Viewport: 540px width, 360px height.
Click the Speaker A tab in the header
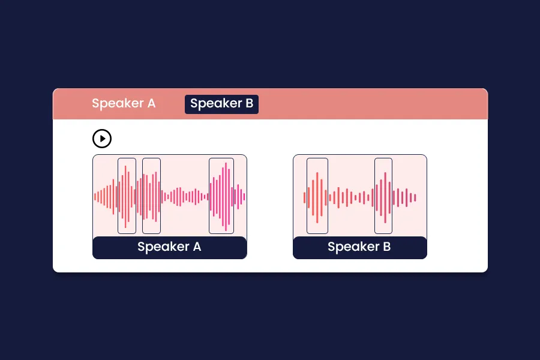tap(124, 103)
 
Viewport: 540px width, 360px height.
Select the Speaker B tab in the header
tap(221, 103)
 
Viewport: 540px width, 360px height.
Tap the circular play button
tap(102, 139)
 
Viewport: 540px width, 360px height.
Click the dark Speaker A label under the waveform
tap(169, 247)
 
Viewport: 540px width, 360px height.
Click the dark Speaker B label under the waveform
tap(359, 247)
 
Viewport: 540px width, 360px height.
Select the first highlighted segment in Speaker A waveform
tap(127, 196)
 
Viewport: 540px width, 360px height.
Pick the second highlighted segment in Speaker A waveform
tap(151, 196)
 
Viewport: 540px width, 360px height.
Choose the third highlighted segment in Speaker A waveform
tap(221, 196)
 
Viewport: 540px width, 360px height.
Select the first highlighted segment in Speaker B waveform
tap(317, 196)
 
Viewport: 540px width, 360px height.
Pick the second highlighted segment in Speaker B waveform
tap(383, 196)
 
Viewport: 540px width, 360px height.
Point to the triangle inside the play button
tap(103, 139)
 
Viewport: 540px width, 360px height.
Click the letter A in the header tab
tap(151, 103)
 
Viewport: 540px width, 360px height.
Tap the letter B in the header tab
tap(249, 103)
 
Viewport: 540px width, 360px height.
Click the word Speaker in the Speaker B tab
tap(215, 103)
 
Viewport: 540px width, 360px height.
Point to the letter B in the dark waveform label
tap(386, 247)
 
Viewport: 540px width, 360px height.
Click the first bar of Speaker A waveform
tap(95, 197)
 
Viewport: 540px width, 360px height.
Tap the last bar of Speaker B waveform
tap(415, 197)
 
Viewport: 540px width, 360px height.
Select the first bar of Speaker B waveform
tap(305, 197)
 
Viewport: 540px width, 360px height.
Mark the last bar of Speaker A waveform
tap(244, 197)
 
